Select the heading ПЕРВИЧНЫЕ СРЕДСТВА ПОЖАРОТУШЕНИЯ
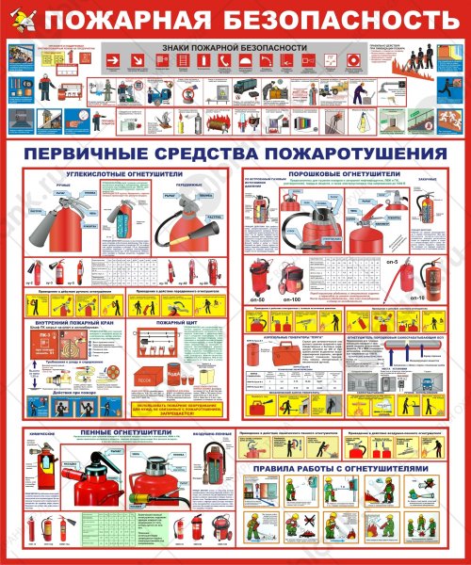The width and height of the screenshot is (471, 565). click(x=235, y=153)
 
